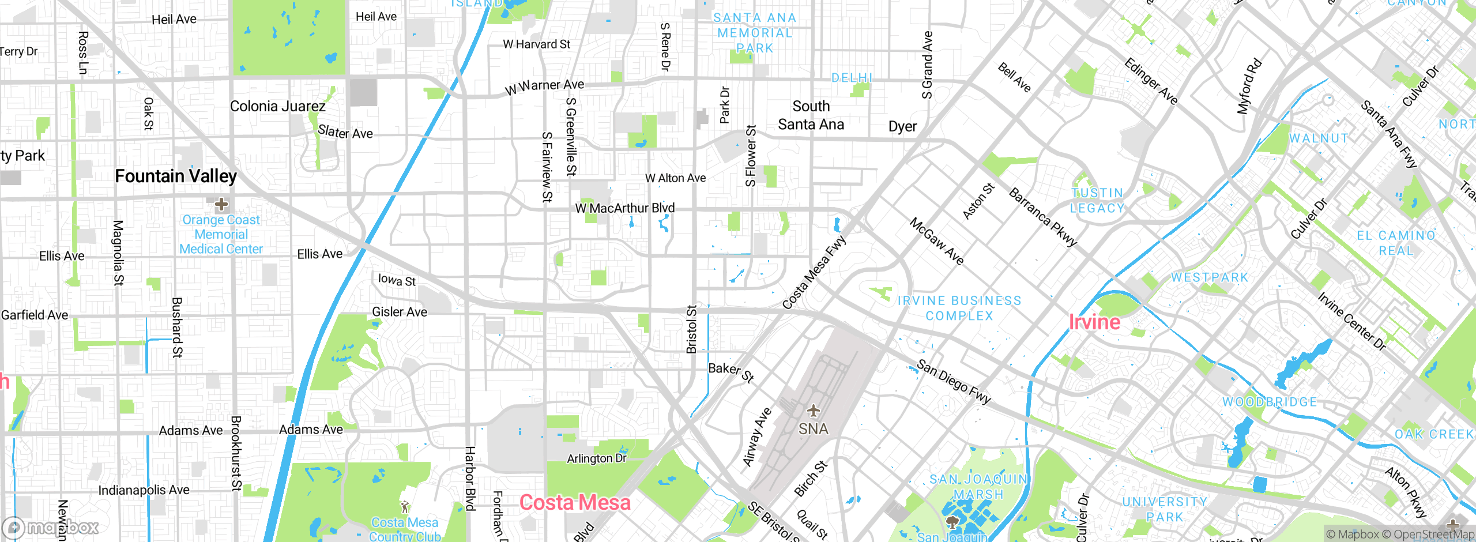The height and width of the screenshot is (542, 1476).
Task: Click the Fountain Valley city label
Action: pyautogui.click(x=176, y=176)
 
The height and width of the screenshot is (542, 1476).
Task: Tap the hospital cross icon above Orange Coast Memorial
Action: pyautogui.click(x=221, y=204)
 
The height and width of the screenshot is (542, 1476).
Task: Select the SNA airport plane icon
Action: pyautogui.click(x=813, y=411)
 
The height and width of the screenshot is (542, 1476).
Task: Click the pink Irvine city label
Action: pyautogui.click(x=1094, y=322)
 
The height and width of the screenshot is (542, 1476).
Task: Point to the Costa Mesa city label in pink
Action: pyautogui.click(x=575, y=503)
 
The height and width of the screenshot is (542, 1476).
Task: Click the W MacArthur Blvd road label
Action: pyautogui.click(x=625, y=208)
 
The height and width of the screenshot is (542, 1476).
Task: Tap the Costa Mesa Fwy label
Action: pyautogui.click(x=814, y=272)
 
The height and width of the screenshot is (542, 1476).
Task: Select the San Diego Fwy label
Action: pyautogui.click(x=954, y=382)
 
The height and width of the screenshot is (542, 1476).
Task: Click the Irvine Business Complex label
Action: pyautogui.click(x=959, y=308)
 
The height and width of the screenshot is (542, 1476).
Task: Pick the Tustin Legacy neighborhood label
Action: pyautogui.click(x=1097, y=201)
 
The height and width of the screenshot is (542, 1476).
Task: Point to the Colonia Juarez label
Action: pyautogui.click(x=278, y=107)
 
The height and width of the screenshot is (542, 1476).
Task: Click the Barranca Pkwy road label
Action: pyautogui.click(x=1042, y=217)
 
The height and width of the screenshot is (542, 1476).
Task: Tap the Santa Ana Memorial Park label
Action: pyautogui.click(x=755, y=33)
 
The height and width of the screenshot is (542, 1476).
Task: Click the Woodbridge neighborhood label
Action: pyautogui.click(x=1270, y=402)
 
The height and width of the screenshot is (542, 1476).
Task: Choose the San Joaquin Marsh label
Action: pyautogui.click(x=978, y=487)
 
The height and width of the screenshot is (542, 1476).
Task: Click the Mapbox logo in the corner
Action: pyautogui.click(x=51, y=528)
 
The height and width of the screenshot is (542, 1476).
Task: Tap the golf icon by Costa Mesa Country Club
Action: pyautogui.click(x=405, y=507)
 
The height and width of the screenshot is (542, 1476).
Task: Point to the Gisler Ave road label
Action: pyautogui.click(x=400, y=312)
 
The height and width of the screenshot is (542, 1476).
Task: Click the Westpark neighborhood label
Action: pyautogui.click(x=1210, y=277)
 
